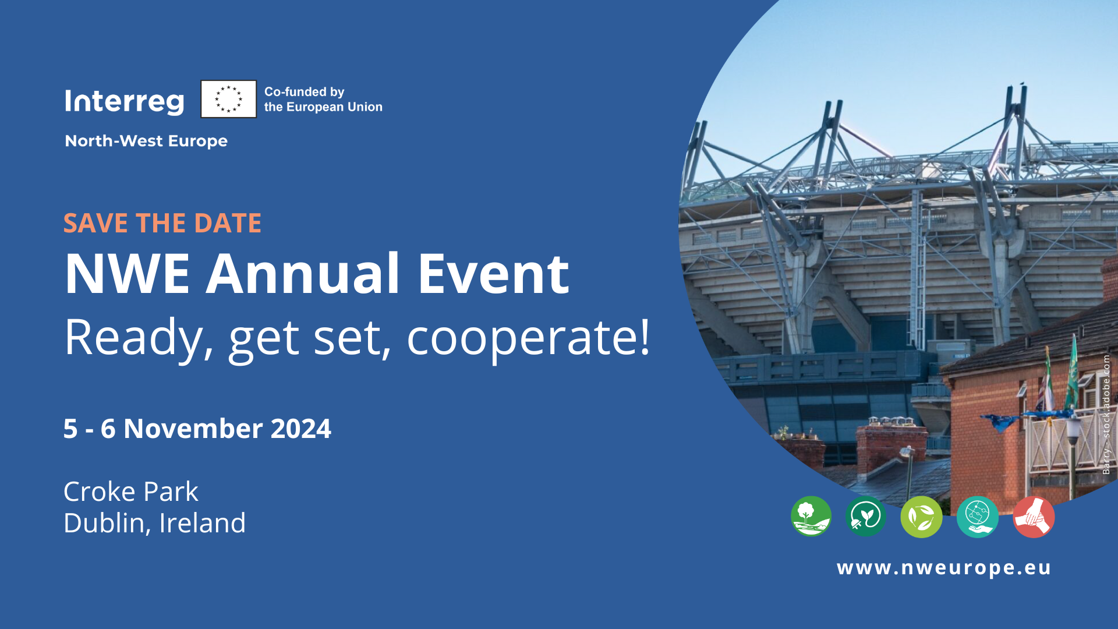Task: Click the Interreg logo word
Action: coord(125,101)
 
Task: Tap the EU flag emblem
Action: coord(228,99)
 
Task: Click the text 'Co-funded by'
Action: coord(304,92)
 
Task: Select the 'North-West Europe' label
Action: coord(146,141)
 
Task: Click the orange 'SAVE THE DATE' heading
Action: coord(162,223)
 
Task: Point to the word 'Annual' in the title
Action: coord(303,274)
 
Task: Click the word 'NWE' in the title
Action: coord(127,274)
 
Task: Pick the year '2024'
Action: coord(300,429)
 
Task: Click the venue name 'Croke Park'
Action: coord(130,492)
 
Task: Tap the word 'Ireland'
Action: coord(202,523)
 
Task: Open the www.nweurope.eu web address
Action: coord(943,567)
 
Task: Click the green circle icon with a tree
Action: coord(811,517)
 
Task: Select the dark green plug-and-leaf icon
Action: coord(865,517)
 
